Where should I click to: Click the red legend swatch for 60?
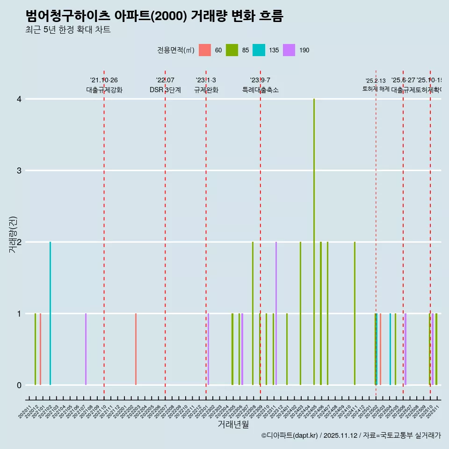204,50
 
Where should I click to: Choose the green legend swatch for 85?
232,50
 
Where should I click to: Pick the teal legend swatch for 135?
259,50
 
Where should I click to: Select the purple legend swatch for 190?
289,50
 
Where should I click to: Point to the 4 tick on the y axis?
19,99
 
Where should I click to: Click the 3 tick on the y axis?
19,171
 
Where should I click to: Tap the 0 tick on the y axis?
19,385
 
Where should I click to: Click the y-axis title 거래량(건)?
13,234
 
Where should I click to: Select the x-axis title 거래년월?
233,424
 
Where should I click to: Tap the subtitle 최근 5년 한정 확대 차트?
68,30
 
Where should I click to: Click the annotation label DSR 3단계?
165,90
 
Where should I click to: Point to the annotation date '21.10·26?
104,80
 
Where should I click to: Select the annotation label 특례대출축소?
260,90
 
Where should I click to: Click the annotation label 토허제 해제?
376,88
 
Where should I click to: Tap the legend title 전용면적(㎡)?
175,50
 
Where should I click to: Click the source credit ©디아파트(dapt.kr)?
290,435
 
